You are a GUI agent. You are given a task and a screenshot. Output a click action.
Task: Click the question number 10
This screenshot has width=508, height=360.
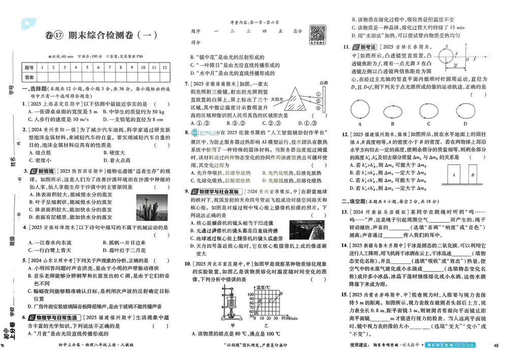187,264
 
